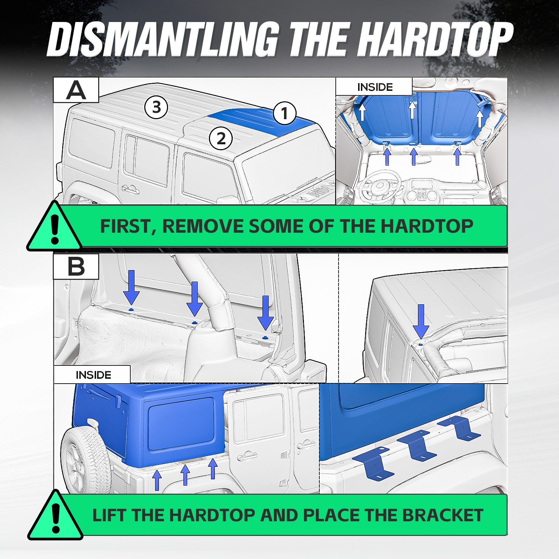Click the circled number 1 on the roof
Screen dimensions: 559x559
[x=284, y=113]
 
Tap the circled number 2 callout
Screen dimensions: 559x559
[x=221, y=138]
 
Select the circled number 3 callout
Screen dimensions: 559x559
[x=156, y=107]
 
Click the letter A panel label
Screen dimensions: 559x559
[x=76, y=90]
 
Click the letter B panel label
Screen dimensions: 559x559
[x=76, y=266]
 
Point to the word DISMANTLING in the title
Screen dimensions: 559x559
[x=163, y=39]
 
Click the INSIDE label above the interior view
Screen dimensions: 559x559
[x=375, y=87]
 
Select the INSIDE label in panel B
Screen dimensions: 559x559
[x=93, y=375]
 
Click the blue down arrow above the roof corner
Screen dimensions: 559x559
[x=421, y=321]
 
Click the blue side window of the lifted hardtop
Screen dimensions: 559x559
[x=181, y=424]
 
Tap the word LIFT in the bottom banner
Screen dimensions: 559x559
[x=110, y=515]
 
